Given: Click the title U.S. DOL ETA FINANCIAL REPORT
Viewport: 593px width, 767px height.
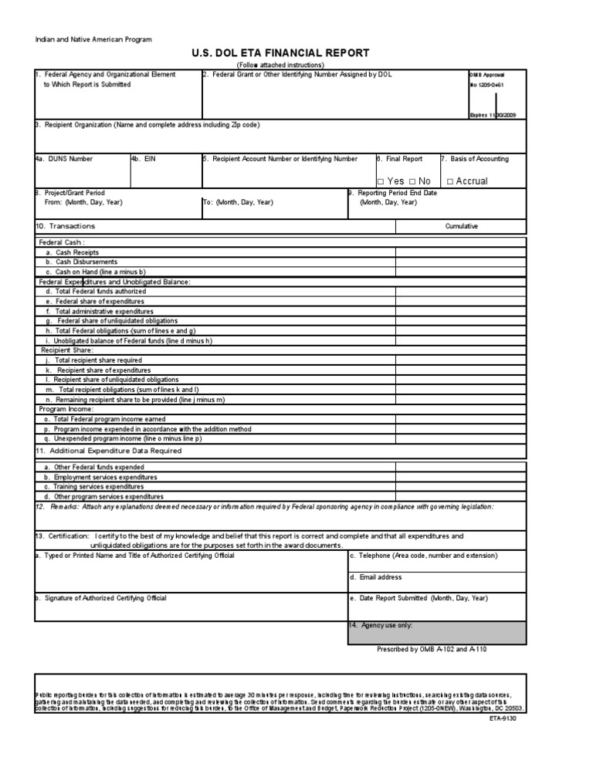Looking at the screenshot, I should tap(281, 53).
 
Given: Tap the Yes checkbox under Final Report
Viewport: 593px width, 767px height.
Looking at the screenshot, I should tap(381, 181).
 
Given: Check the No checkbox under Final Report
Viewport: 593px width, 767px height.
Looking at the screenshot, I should tap(412, 181).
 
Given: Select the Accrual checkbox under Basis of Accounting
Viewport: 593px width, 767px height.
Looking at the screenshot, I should tap(450, 181).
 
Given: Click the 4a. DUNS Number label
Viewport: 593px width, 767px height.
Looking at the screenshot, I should tap(64, 159).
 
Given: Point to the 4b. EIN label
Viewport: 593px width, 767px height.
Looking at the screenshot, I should tap(144, 159).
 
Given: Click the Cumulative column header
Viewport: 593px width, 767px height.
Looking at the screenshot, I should tap(461, 226).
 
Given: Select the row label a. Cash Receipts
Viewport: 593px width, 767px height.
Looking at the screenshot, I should tap(72, 252).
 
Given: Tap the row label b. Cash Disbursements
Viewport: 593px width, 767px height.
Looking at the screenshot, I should tap(81, 262).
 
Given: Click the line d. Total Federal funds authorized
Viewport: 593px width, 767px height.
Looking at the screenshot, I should tap(95, 292).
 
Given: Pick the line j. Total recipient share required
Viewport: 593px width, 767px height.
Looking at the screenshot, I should tap(93, 360).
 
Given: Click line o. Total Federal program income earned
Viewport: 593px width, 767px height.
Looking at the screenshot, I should tap(104, 419).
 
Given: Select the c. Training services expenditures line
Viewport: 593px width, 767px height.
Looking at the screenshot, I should tap(93, 487).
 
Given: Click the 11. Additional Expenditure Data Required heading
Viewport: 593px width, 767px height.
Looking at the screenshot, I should tap(108, 451).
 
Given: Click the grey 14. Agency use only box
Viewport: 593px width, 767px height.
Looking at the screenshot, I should tap(437, 633).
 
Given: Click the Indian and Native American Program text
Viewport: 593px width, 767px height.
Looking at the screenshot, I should tap(93, 39).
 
